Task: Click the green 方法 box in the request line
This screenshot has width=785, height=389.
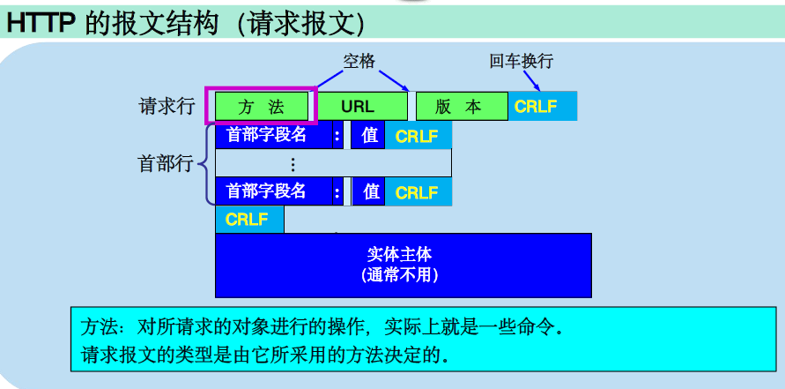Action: point(261,107)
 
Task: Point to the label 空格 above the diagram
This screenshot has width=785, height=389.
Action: point(359,61)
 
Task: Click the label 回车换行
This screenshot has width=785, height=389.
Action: point(521,62)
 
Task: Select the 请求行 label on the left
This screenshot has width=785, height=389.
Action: point(167,107)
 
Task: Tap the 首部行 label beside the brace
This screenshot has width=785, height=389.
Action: point(165,163)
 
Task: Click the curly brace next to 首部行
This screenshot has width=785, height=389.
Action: point(204,163)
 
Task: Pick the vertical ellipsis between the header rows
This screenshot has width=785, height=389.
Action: point(293,163)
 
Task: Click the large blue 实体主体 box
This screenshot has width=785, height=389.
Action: point(402,264)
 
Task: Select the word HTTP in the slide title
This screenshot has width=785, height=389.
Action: point(41,23)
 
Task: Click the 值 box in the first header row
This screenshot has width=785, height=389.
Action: point(369,136)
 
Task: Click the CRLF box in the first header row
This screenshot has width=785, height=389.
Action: point(418,136)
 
